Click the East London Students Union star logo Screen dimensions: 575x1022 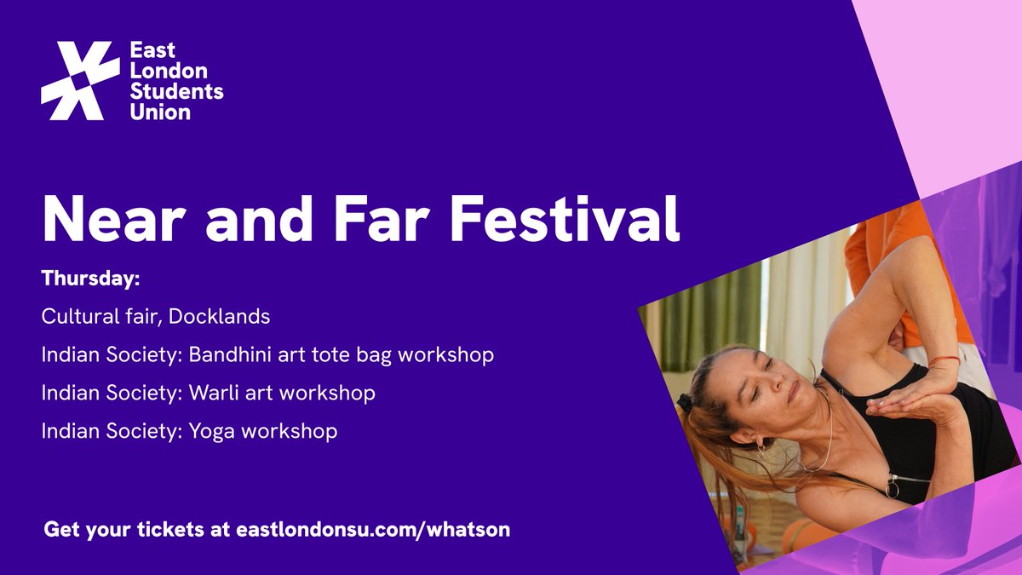coord(80,81)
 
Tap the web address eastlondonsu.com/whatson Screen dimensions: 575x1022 coord(370,529)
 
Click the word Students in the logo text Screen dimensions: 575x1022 coord(177,91)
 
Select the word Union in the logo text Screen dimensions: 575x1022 coord(160,112)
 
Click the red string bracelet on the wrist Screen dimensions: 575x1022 coord(940,362)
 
